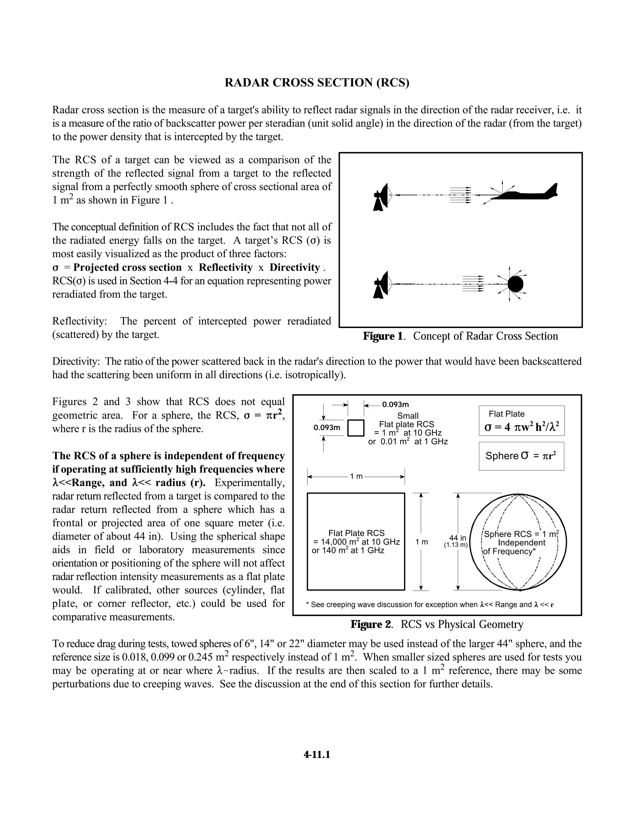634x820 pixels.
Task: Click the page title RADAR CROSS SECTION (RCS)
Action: tap(317, 83)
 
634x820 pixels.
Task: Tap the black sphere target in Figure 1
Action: tap(515, 284)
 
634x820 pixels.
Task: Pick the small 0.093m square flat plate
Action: tap(356, 428)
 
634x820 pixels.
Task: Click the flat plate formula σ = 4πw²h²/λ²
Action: tap(521, 427)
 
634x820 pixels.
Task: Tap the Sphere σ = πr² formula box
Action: tap(521, 456)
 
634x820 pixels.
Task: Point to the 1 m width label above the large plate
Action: tap(356, 477)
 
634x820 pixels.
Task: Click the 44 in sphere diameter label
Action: tap(458, 538)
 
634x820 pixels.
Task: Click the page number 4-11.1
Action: tap(317, 755)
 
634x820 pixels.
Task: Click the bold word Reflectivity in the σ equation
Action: tap(225, 267)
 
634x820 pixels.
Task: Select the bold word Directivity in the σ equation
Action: tap(294, 267)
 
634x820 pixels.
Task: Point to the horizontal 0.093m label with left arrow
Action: tap(395, 404)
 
